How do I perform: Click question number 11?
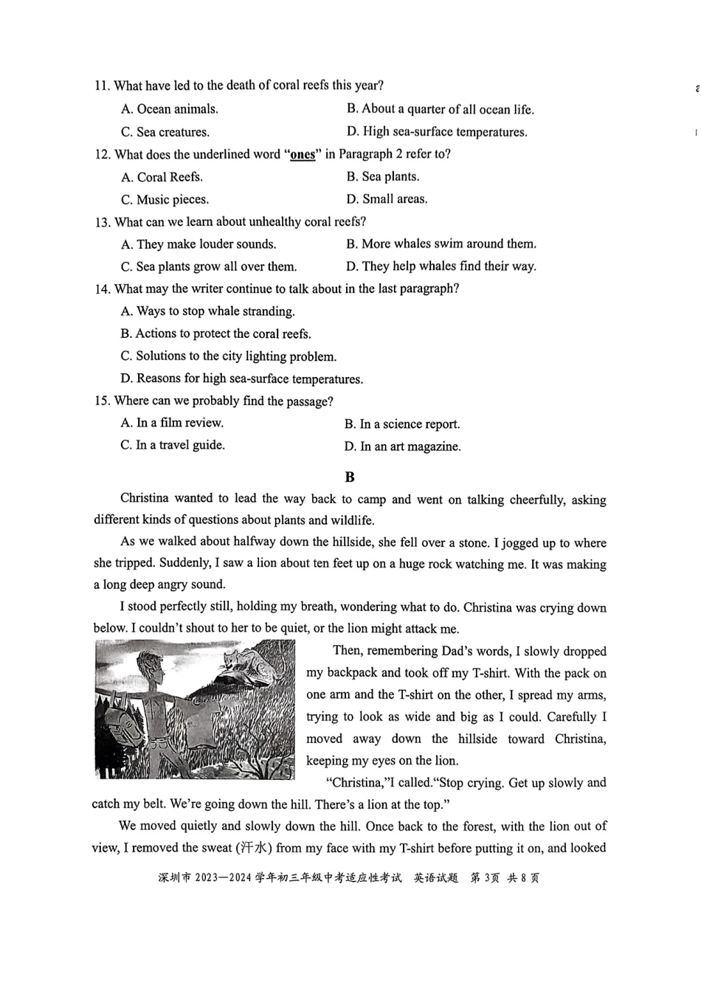click(x=102, y=86)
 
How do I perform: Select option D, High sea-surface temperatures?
click(x=437, y=132)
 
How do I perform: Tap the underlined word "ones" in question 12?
click(x=303, y=155)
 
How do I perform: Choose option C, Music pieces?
click(x=165, y=200)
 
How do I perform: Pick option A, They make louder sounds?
click(x=198, y=244)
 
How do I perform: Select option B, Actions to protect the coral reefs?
click(x=215, y=334)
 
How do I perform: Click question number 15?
click(x=103, y=401)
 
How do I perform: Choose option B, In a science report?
click(x=402, y=424)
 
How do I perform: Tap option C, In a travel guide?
click(x=173, y=445)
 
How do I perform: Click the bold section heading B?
click(x=350, y=477)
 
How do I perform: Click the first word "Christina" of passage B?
click(x=145, y=499)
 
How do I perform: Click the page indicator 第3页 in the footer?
click(x=485, y=878)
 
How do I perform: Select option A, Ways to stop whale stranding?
click(x=207, y=311)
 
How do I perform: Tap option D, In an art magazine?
click(x=402, y=446)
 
